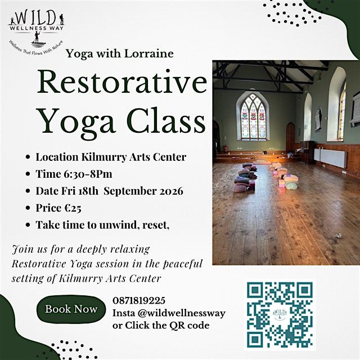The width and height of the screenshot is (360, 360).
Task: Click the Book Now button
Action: pyautogui.click(x=71, y=309)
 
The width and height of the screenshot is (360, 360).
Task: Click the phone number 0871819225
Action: pyautogui.click(x=139, y=300)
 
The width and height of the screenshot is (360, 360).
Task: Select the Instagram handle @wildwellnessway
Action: pyautogui.click(x=182, y=313)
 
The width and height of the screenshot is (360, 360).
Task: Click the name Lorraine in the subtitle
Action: pyautogui.click(x=149, y=54)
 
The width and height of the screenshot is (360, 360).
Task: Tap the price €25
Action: pyautogui.click(x=73, y=208)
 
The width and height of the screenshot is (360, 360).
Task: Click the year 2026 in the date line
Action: pyautogui.click(x=172, y=191)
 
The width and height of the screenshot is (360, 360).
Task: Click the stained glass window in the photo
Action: pyautogui.click(x=253, y=116)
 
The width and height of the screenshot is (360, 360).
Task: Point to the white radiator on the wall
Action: pyautogui.click(x=330, y=157)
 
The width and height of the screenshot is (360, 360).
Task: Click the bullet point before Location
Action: pyautogui.click(x=28, y=157)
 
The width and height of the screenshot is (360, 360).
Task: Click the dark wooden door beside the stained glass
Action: pyautogui.click(x=290, y=137)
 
